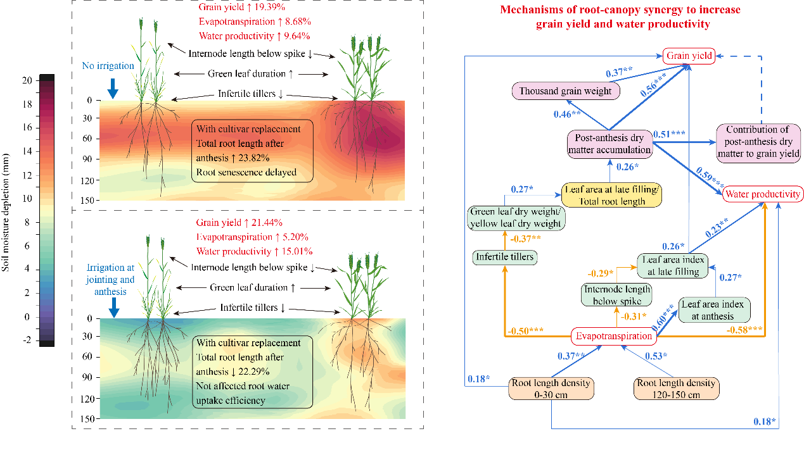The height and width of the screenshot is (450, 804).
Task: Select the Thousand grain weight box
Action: pos(566,91)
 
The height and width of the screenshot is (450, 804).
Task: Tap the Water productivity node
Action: pos(763,194)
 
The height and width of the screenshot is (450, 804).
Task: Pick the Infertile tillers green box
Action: pos(504,257)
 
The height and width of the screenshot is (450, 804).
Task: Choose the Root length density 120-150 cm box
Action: pos(677,389)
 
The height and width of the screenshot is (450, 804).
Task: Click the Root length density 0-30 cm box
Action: pos(551,389)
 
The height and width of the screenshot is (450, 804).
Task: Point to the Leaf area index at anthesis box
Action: pos(715,309)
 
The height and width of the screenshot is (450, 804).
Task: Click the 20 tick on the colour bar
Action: pos(27,80)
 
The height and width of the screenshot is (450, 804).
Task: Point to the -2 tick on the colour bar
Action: pos(27,339)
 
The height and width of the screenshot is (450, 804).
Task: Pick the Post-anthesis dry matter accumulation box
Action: pos(609,144)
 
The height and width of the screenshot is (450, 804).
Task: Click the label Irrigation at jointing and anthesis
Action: pos(108,279)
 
